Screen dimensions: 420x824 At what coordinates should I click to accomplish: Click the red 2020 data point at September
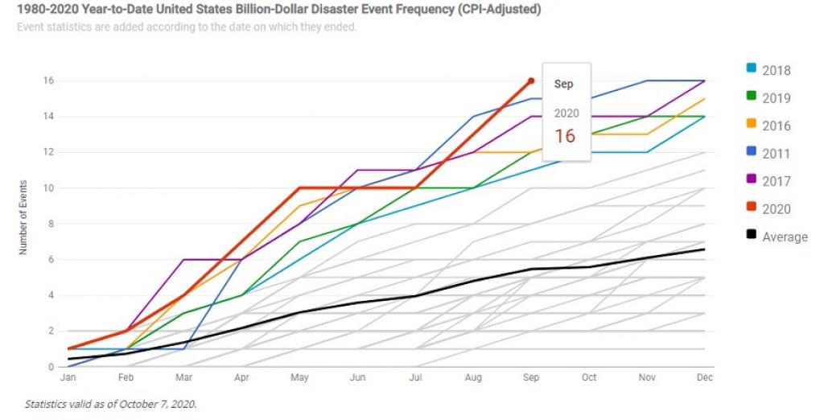coord(531,80)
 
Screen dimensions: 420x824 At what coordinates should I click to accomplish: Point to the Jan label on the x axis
coord(68,377)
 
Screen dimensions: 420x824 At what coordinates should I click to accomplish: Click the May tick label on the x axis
coord(299,377)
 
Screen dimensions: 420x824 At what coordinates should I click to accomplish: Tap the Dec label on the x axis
coord(705,377)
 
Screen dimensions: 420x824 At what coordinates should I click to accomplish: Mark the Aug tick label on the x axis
coord(473,377)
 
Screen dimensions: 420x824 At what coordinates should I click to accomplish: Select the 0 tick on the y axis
coord(51,367)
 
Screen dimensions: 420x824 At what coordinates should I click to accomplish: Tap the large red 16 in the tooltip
coord(565,135)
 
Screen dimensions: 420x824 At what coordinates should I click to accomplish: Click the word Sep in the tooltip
coord(563,84)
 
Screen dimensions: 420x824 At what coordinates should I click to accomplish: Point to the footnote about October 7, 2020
coord(110,404)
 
